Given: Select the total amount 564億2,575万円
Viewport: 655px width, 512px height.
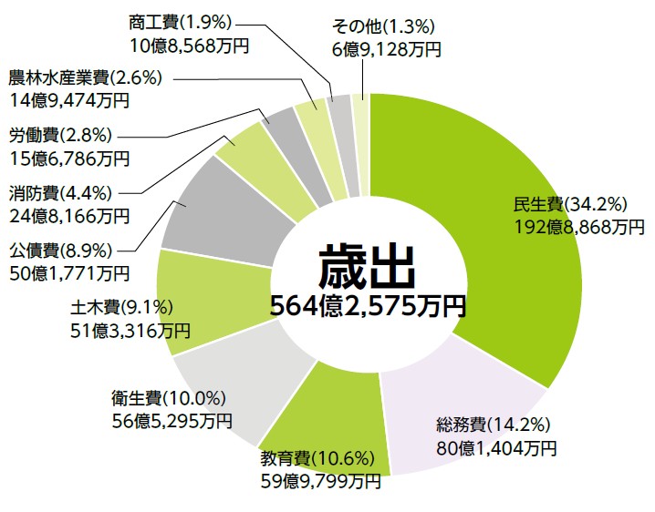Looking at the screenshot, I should coord(367,306).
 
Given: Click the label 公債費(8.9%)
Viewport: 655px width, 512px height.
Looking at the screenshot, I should coord(61,250).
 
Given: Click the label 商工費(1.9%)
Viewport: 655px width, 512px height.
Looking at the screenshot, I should coord(182,20).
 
